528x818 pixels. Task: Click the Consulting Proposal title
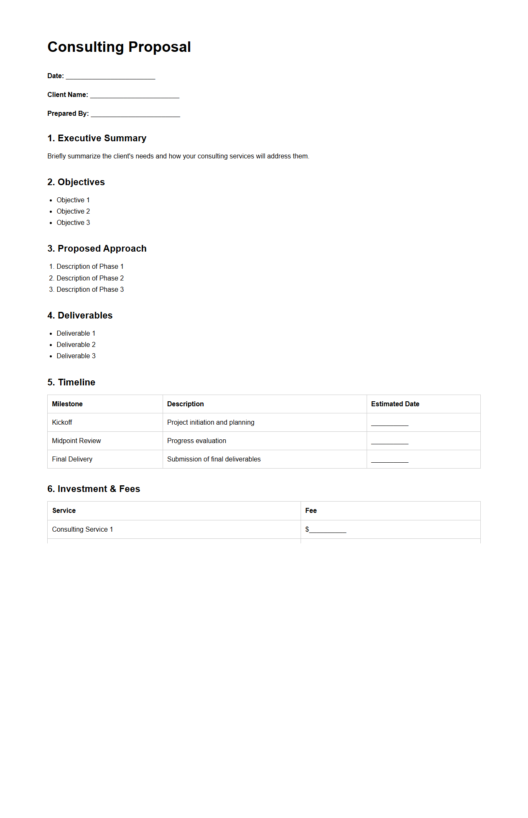click(119, 47)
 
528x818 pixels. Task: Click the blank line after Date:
click(110, 76)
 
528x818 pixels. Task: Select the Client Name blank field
click(135, 95)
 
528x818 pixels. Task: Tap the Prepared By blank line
click(135, 114)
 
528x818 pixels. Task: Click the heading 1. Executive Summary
click(97, 138)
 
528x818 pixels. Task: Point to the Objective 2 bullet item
click(73, 212)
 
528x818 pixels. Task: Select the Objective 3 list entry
click(73, 223)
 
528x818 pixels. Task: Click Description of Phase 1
click(90, 267)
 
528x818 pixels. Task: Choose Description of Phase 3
click(90, 290)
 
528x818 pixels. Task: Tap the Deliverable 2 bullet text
click(76, 345)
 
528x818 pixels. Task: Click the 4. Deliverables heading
click(80, 316)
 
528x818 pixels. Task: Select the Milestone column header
click(67, 404)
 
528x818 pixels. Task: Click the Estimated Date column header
click(395, 404)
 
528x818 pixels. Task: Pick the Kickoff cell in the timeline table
click(62, 423)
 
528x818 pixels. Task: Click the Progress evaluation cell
click(196, 441)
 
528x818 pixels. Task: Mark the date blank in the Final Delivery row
click(390, 460)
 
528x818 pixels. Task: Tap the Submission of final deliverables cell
click(214, 459)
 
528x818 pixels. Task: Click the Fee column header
click(311, 511)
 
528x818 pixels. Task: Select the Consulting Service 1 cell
click(82, 530)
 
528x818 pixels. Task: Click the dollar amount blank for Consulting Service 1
click(327, 530)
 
